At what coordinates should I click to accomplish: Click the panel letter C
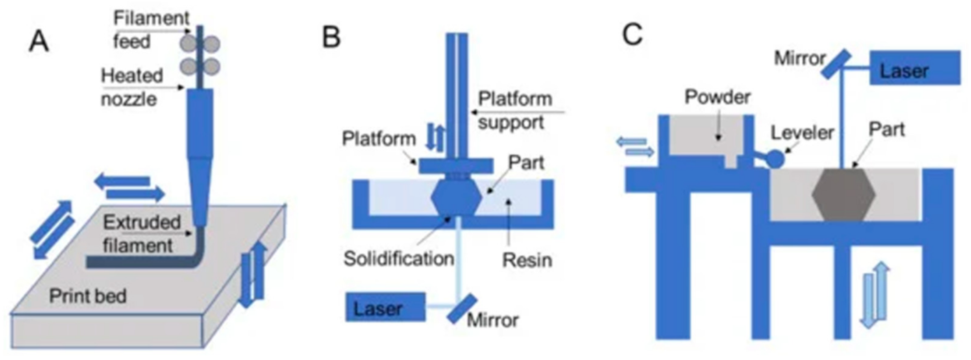tap(632, 34)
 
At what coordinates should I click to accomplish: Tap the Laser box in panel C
tap(915, 68)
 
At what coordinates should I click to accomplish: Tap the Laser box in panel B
tap(385, 307)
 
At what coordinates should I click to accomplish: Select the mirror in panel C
tap(836, 64)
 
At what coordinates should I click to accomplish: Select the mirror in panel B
tap(461, 309)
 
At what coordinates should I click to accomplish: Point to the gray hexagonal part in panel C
tap(843, 194)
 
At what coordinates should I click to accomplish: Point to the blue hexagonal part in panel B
tap(456, 197)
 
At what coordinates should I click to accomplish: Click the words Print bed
tap(87, 296)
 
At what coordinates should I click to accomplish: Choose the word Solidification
tap(398, 259)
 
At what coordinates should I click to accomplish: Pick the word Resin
tap(527, 260)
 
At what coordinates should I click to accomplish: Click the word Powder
tap(717, 97)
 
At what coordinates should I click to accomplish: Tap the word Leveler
tap(802, 133)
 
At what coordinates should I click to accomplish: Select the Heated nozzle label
tap(131, 87)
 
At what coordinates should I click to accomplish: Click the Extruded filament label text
tap(141, 234)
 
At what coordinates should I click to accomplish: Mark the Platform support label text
tap(514, 111)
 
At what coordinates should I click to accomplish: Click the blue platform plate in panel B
tap(455, 166)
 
